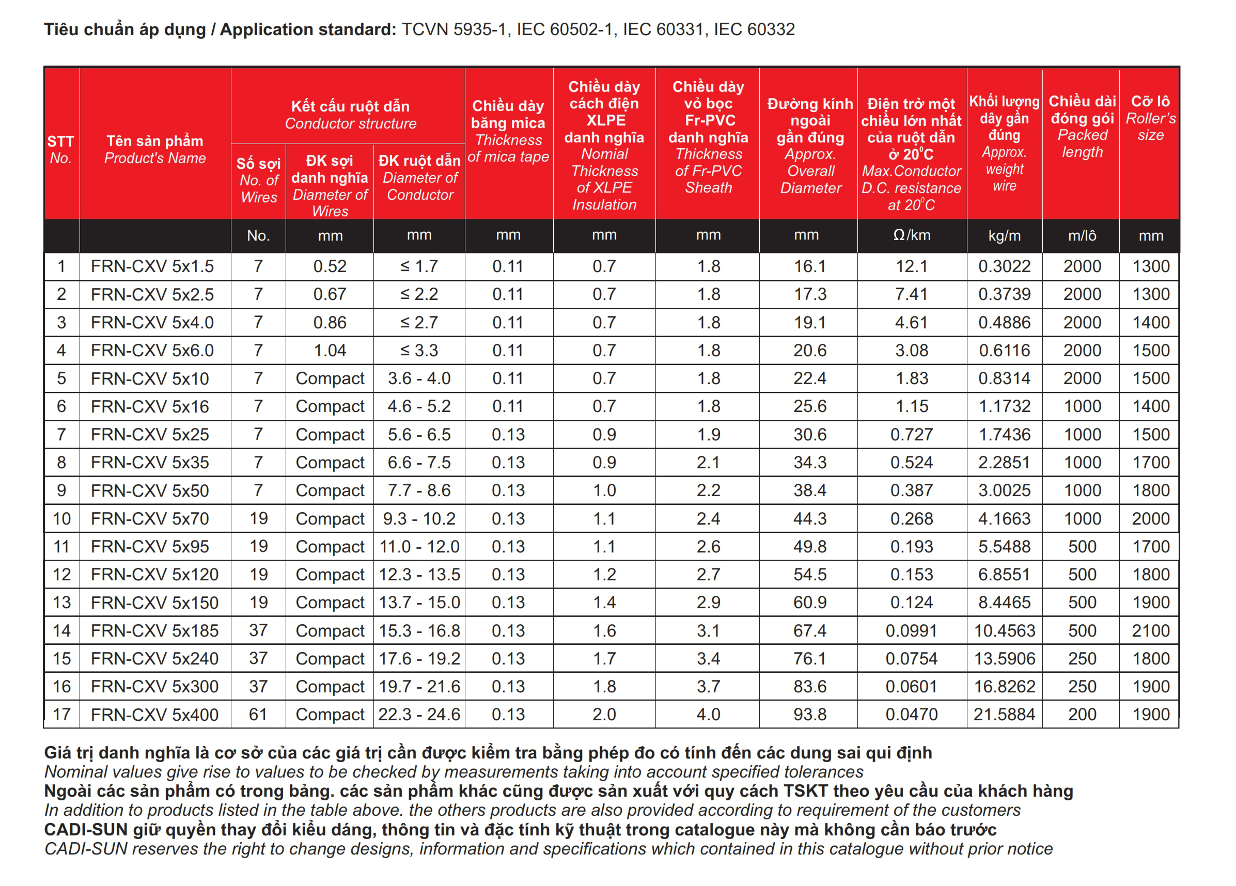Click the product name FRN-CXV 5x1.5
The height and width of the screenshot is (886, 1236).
click(x=152, y=266)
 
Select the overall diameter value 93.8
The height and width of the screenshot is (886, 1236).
click(x=810, y=715)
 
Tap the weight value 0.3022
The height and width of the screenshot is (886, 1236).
click(x=1004, y=266)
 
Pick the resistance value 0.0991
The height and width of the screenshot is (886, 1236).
click(x=911, y=630)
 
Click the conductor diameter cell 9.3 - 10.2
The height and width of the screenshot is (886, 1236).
click(x=419, y=519)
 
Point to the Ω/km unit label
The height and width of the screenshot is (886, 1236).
click(x=911, y=235)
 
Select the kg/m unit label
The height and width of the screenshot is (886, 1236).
click(x=1004, y=236)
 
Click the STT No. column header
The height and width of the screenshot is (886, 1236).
click(x=60, y=150)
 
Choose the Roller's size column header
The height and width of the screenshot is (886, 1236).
click(x=1150, y=118)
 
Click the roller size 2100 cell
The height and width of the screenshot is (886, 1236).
click(x=1150, y=630)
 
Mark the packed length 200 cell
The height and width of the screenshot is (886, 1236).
click(x=1082, y=715)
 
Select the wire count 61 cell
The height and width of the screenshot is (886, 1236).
click(x=258, y=715)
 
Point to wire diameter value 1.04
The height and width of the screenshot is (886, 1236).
click(x=330, y=351)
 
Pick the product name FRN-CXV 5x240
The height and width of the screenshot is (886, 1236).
click(x=154, y=659)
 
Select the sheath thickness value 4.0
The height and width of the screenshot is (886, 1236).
click(x=708, y=715)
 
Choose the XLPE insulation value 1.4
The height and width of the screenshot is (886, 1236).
click(x=604, y=603)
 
